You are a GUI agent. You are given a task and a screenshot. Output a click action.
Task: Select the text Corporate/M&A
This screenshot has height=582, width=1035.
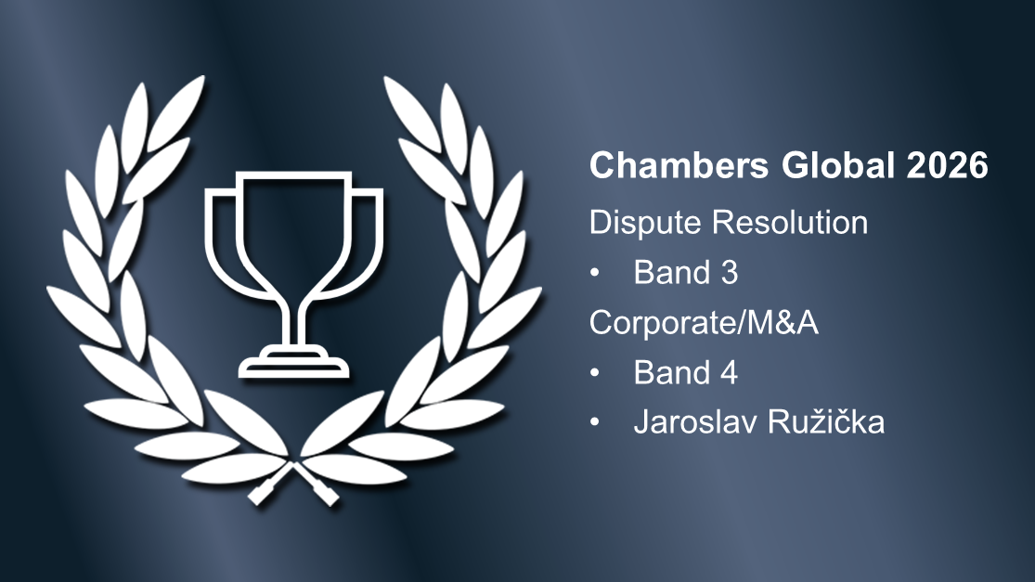[x=704, y=323]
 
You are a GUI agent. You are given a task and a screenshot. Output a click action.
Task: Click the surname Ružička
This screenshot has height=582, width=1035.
[x=830, y=423]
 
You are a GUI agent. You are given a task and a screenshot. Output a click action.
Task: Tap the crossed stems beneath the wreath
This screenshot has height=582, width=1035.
[x=294, y=478]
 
